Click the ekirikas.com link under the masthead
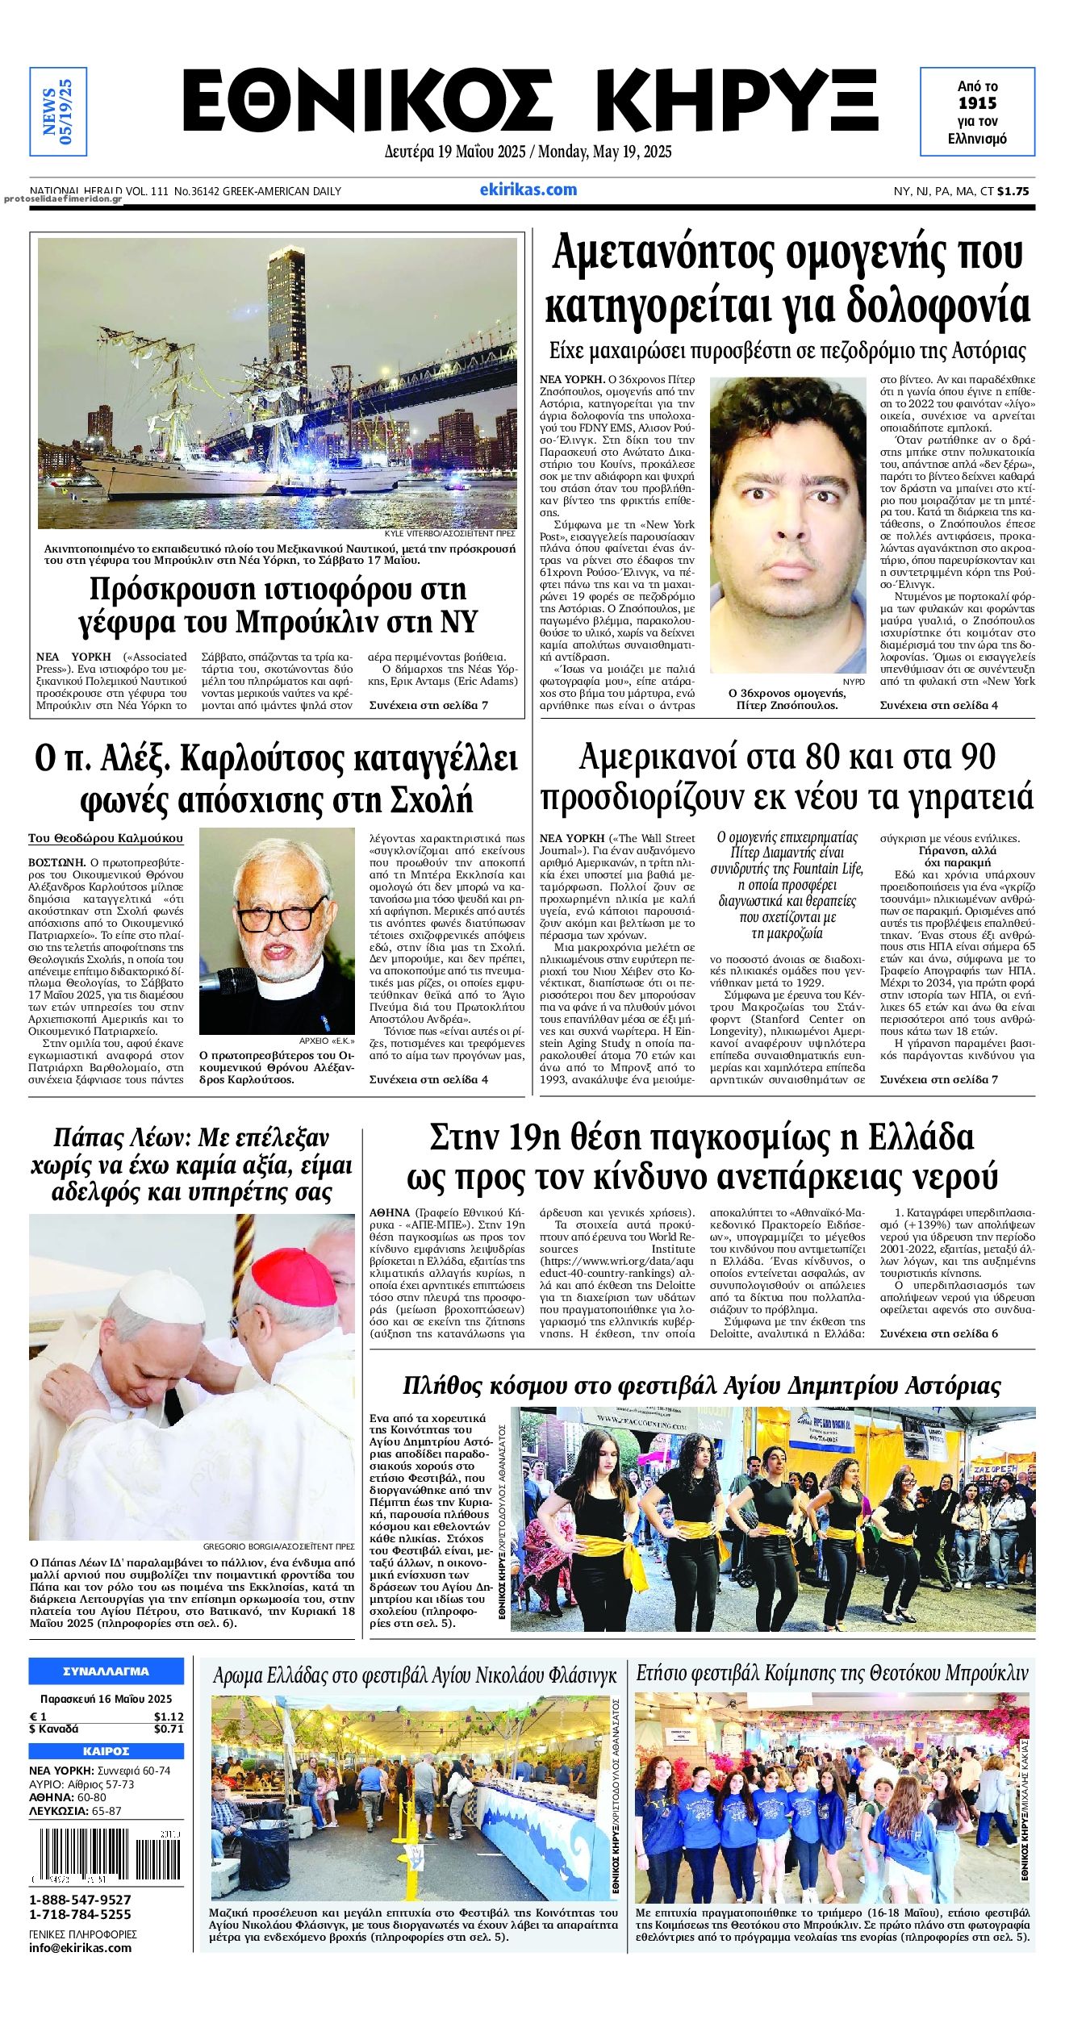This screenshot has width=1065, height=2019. tap(528, 190)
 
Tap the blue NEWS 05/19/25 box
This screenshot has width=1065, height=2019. tap(57, 111)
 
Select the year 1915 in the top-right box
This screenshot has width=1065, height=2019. tap(977, 103)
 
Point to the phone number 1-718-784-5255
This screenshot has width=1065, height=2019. tap(80, 1914)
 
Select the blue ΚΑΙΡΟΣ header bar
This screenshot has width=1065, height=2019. tap(106, 1751)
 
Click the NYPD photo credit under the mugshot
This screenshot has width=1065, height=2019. tap(853, 682)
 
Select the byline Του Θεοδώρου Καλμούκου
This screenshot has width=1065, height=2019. tap(106, 838)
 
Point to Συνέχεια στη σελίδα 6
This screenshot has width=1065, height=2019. tap(938, 1333)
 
